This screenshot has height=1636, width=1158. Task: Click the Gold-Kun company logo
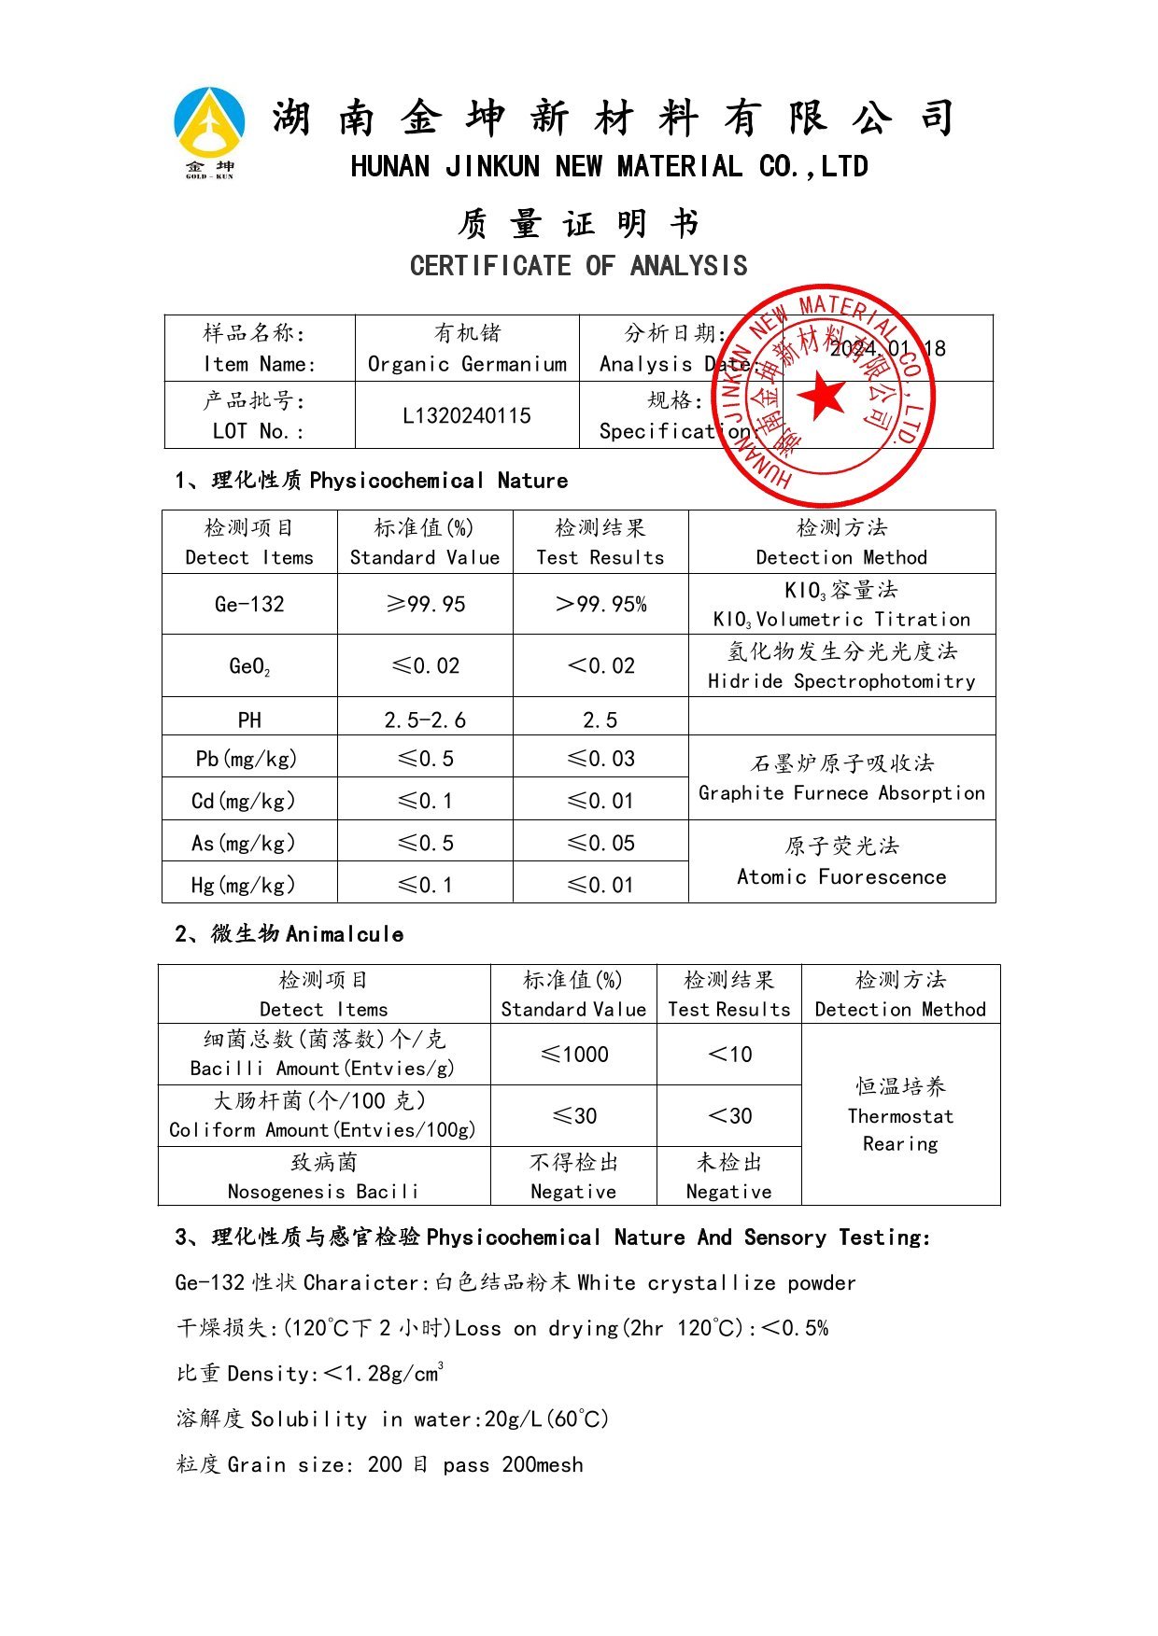209,132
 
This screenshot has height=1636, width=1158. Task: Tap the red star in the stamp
823,395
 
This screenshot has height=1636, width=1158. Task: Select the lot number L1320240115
467,415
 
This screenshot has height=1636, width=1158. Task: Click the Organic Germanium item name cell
467,348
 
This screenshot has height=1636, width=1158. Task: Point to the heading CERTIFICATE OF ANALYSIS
578,266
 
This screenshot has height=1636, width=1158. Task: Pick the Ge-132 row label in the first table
249,604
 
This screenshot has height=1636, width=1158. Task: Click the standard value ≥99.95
425,604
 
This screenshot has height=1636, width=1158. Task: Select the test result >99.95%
600,604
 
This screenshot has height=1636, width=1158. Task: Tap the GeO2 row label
249,666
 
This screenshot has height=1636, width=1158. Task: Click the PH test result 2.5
600,720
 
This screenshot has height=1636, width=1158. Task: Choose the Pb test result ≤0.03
600,759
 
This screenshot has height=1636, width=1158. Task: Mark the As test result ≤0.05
600,843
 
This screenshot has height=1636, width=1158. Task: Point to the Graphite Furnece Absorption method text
841,792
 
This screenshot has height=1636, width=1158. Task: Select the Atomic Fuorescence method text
841,876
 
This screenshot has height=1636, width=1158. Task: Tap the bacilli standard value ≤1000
573,1055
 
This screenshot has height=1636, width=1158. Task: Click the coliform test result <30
729,1115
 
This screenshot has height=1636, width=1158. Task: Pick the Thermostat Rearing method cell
900,1115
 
